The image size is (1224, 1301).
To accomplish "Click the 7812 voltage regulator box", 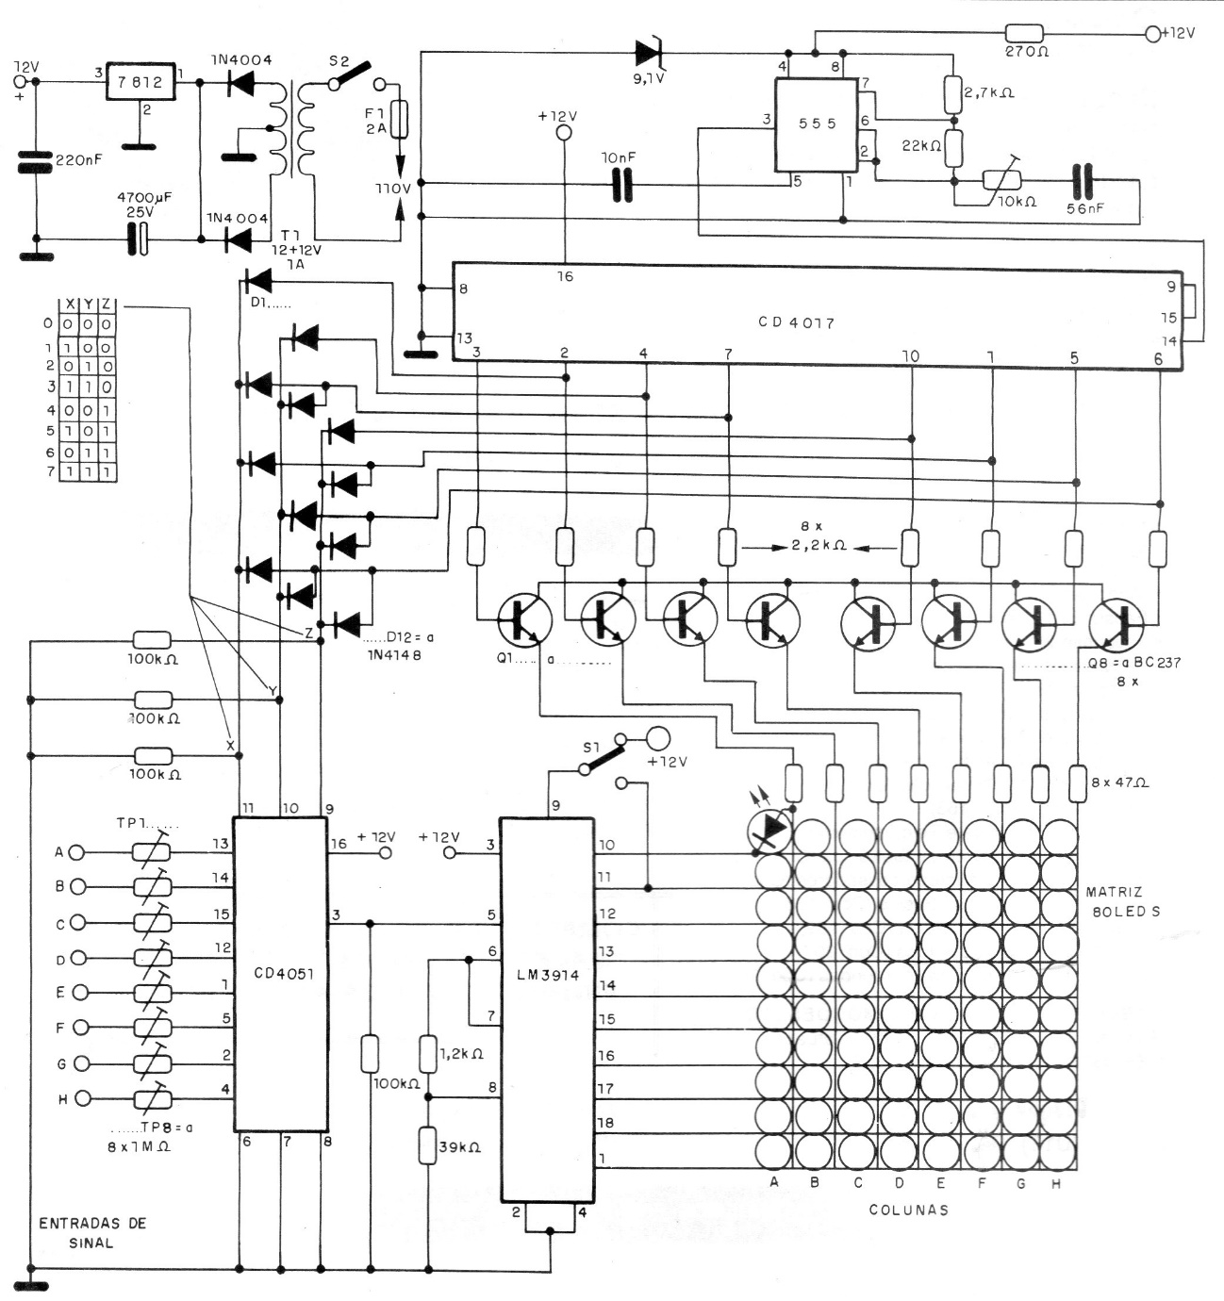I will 141,82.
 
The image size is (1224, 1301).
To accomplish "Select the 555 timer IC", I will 817,124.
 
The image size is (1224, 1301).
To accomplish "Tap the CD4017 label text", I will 796,322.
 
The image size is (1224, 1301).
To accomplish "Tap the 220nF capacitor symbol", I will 36,162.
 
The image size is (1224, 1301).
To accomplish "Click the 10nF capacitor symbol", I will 620,186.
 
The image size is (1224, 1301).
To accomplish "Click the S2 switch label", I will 338,60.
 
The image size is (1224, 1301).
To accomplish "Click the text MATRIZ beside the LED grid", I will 1114,891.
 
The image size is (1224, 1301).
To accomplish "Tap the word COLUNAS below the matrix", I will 908,1210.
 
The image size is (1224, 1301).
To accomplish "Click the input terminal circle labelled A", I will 77,852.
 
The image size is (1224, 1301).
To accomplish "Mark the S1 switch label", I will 590,748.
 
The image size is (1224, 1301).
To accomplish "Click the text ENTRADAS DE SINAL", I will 91,1232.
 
